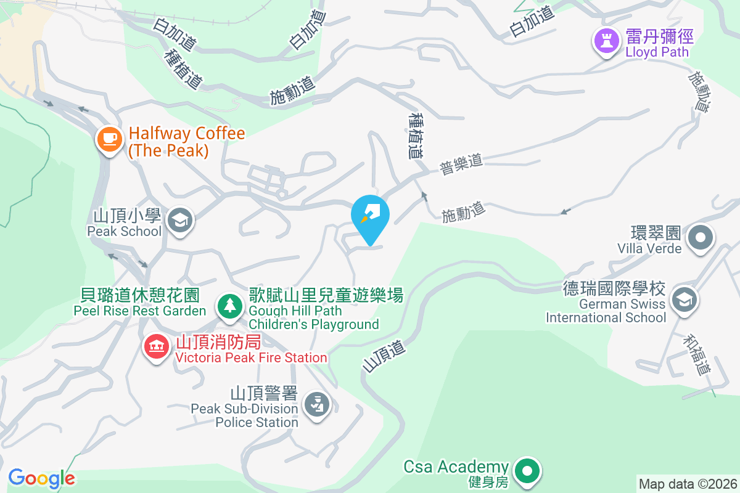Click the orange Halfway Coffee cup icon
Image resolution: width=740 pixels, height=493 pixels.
[109, 139]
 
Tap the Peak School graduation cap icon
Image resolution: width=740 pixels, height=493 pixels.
[181, 220]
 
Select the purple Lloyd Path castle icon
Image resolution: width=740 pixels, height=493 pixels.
[606, 42]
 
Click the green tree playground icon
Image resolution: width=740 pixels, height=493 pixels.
[229, 306]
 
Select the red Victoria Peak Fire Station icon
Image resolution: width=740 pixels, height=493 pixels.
[157, 346]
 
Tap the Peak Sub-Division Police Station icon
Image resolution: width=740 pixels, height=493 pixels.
[316, 405]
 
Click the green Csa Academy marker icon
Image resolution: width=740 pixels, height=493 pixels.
[527, 471]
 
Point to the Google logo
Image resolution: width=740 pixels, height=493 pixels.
[42, 478]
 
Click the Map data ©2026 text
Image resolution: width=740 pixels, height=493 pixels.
[688, 484]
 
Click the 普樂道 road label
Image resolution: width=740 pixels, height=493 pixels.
[461, 165]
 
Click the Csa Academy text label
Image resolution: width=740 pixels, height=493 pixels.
[456, 467]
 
